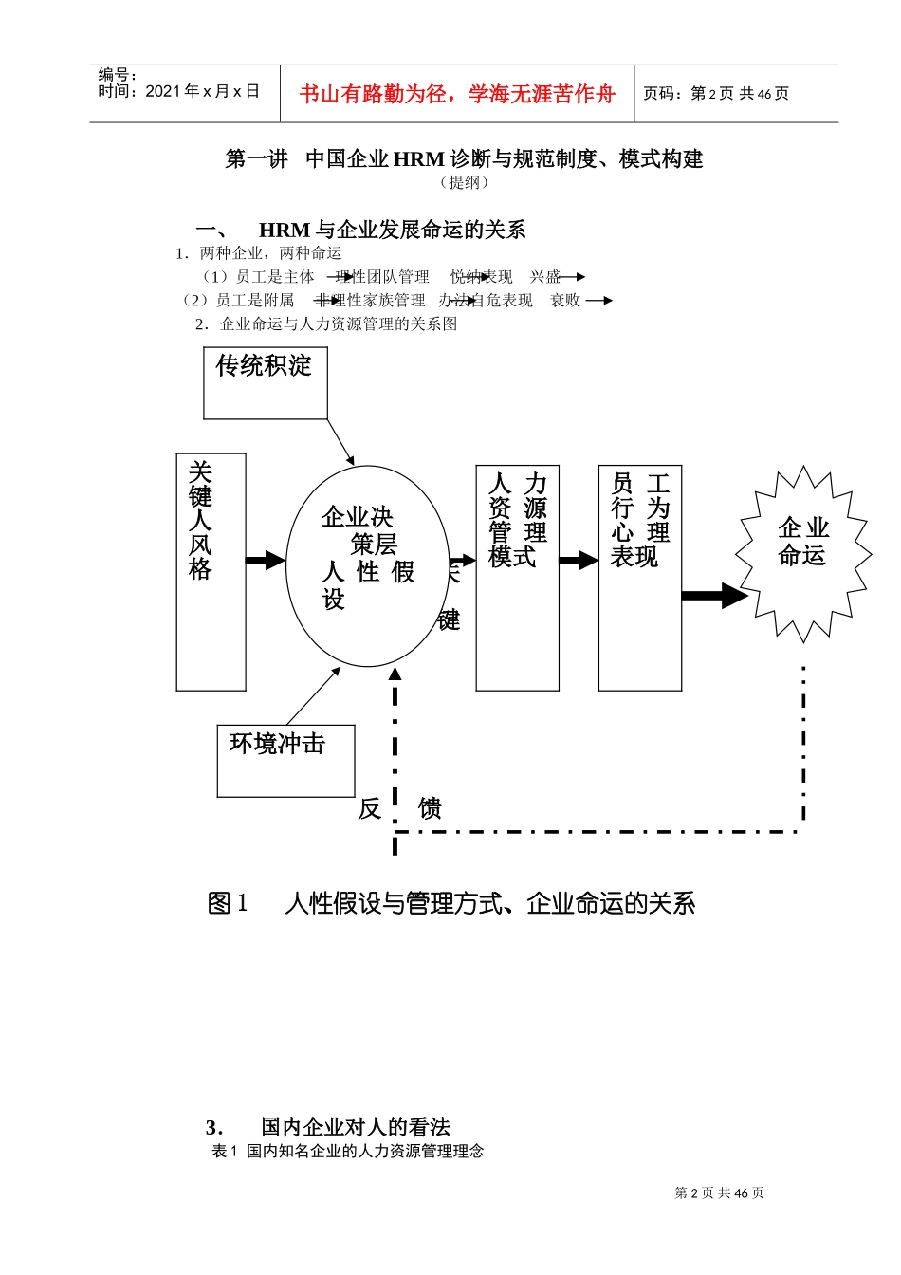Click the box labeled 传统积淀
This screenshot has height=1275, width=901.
coord(265,382)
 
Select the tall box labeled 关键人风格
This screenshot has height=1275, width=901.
coord(211,571)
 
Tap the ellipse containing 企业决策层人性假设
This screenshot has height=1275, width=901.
coord(367,565)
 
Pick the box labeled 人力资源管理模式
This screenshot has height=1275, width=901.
coord(517,577)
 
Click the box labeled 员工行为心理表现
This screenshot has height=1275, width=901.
coord(639,577)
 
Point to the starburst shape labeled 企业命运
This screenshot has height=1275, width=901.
coord(803,554)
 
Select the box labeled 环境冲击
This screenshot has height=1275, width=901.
coord(285,761)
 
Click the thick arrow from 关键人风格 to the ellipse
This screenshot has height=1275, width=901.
coord(265,560)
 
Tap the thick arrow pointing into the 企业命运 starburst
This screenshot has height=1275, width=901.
coord(714,596)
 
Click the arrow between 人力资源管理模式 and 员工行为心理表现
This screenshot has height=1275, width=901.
coord(578,561)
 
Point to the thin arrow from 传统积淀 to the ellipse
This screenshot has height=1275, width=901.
coord(340,441)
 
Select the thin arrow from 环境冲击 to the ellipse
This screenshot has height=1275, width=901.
coord(313,696)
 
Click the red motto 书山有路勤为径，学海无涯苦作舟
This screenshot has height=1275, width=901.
coord(457,94)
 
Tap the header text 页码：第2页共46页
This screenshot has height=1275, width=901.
coord(716,94)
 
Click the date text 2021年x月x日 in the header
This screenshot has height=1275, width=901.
coord(202,92)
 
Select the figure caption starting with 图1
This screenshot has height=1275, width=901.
coord(451,903)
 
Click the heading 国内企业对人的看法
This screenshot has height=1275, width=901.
coord(355,1127)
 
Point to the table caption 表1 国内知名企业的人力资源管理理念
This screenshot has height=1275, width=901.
coord(348,1151)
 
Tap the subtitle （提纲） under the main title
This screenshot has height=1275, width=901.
coord(464,182)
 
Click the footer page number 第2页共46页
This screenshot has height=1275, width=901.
coord(719,1193)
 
